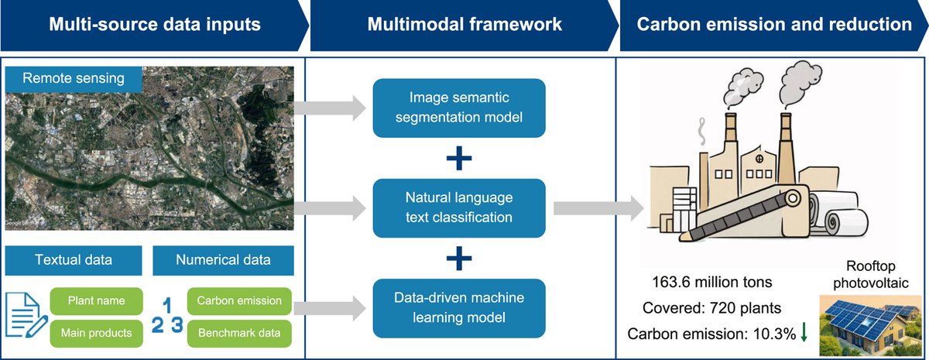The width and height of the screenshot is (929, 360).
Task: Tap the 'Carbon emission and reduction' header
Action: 774,25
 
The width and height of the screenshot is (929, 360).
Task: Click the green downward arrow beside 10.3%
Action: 804,332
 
